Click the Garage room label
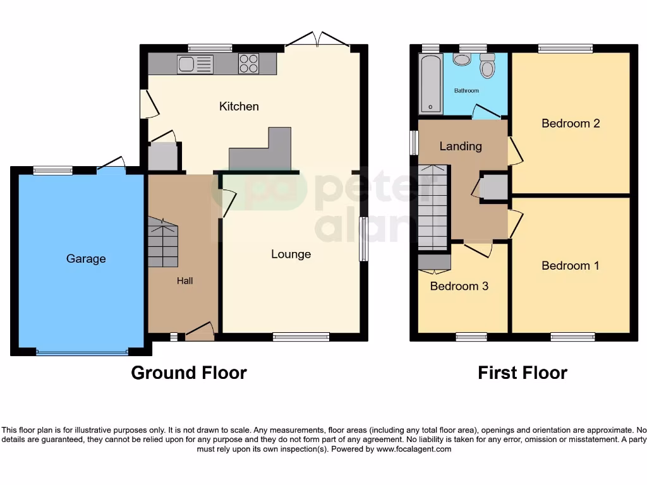click(86, 259)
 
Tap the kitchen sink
click(187, 64)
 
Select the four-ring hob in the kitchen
click(248, 64)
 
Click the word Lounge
click(291, 254)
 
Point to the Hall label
click(184, 281)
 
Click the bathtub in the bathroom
click(430, 83)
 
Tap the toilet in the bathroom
click(487, 66)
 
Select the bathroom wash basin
click(462, 59)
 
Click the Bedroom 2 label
click(571, 123)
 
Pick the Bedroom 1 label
click(571, 266)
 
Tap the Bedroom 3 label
click(459, 286)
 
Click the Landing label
click(461, 147)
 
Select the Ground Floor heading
click(189, 373)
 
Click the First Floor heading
click(523, 373)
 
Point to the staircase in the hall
click(163, 243)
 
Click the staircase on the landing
click(433, 207)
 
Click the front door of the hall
click(200, 332)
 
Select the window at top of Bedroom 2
click(565, 48)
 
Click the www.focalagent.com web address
click(414, 450)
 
